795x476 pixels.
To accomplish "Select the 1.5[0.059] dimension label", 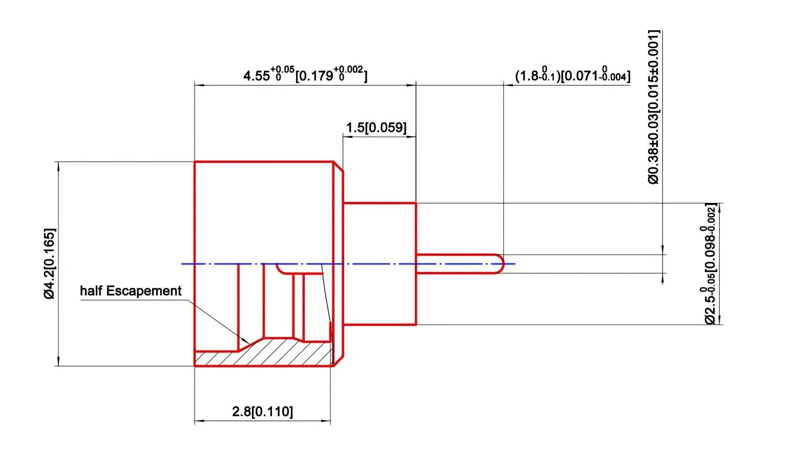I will [x=376, y=128].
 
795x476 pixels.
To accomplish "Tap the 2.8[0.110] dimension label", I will [x=262, y=411].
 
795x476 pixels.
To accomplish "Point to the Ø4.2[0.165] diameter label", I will [x=50, y=263].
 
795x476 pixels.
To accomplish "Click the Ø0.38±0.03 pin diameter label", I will [x=654, y=107].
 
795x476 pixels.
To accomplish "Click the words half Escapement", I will [x=131, y=291].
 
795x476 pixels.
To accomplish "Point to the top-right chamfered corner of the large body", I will [x=338, y=166].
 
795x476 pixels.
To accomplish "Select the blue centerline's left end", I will [x=183, y=264].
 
